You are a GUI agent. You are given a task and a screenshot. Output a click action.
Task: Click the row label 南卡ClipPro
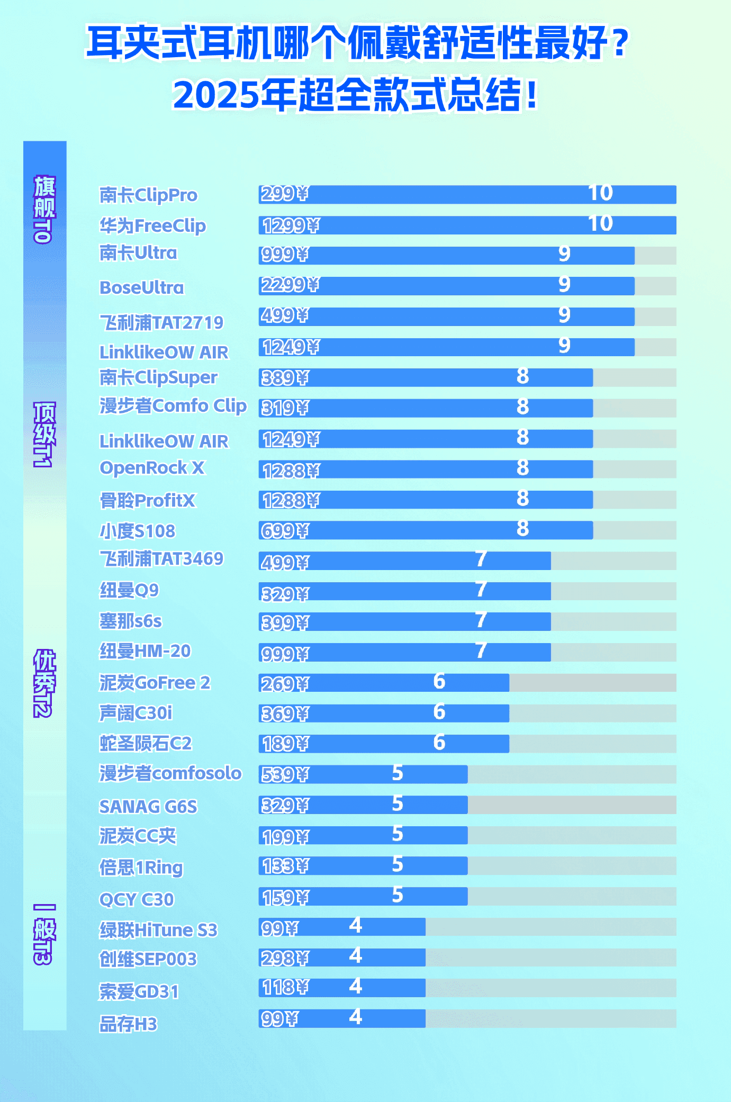(x=148, y=195)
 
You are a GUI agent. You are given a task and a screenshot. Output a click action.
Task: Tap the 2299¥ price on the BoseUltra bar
(x=290, y=285)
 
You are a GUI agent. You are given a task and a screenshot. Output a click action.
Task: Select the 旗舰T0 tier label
(x=44, y=209)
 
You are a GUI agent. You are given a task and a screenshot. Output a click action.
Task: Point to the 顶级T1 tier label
(x=44, y=434)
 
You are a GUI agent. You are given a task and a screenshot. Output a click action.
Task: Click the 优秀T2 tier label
(x=44, y=683)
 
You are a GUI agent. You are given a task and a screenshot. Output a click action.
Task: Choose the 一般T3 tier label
(x=44, y=934)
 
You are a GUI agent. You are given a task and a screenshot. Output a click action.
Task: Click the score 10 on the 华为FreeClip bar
(x=600, y=224)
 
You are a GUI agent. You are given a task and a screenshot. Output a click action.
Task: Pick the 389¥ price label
(x=284, y=378)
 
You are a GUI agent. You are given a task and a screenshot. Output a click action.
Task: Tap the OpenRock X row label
(x=152, y=468)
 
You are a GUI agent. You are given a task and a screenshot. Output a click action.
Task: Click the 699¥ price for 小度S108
(x=284, y=531)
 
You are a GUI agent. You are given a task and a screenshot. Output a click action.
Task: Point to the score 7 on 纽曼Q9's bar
(x=481, y=590)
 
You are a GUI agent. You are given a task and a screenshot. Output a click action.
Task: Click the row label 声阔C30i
(x=136, y=713)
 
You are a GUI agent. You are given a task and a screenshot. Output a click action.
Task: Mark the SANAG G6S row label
(x=148, y=807)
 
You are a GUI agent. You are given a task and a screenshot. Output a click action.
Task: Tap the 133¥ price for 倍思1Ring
(x=284, y=866)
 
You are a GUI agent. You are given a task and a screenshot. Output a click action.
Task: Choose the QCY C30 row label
(x=137, y=899)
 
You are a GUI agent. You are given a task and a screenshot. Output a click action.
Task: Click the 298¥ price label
(x=284, y=959)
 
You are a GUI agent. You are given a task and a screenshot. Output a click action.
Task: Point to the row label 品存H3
(x=129, y=1024)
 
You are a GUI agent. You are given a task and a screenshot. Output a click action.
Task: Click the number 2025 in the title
(x=216, y=95)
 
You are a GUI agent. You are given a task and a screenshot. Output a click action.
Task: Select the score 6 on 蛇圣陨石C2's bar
(x=439, y=743)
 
